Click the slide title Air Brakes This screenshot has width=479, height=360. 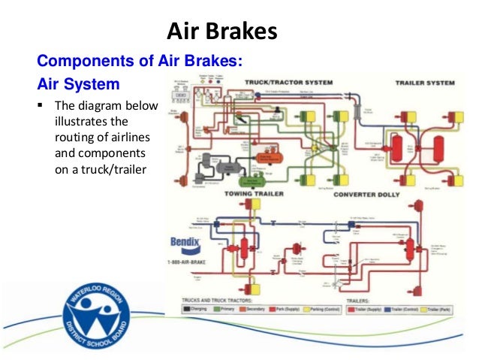click(x=221, y=32)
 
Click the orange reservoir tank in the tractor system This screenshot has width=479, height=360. click(x=267, y=157)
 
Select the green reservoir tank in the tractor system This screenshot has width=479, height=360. click(x=252, y=180)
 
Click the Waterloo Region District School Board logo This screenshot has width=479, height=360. click(x=99, y=313)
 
